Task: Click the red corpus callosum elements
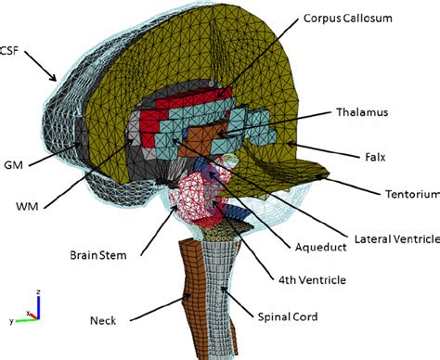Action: click(186, 104)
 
